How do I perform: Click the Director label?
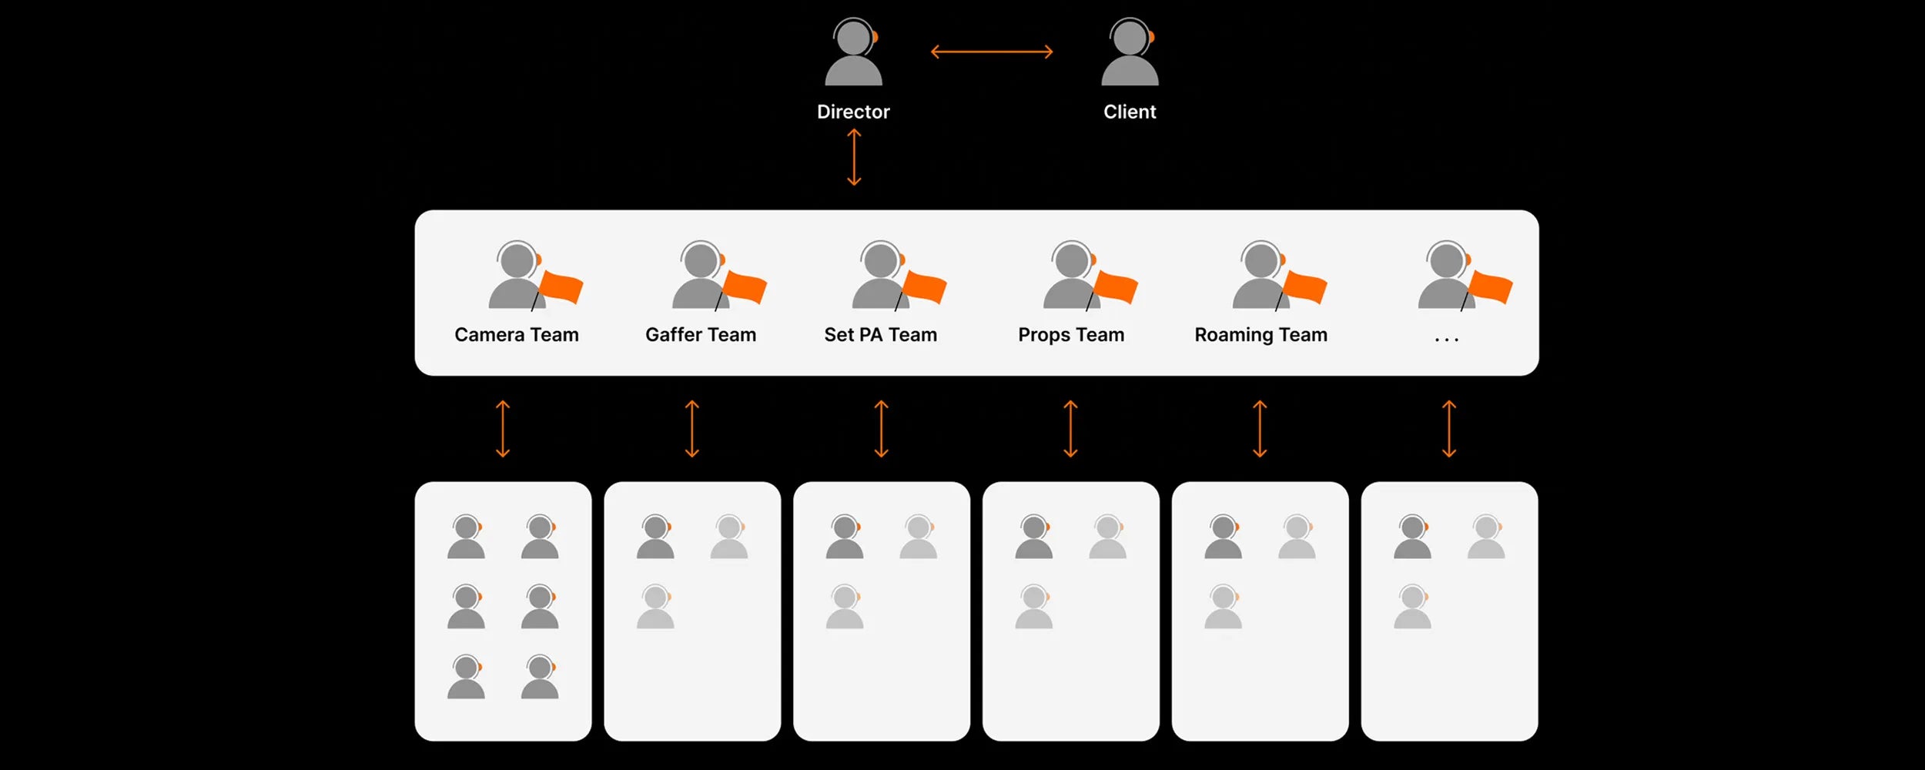853,112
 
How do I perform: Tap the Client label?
1130,112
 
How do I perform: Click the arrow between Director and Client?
992,52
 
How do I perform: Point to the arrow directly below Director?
854,157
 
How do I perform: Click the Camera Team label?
517,335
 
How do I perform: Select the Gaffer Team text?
701,335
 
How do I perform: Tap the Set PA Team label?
881,335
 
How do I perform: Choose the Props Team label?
1071,335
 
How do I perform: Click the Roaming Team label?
1260,335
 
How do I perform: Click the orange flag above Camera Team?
561,288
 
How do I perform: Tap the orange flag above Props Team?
1116,288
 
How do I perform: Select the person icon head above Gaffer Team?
700,260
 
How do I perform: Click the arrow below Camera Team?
503,429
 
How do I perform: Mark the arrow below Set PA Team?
882,429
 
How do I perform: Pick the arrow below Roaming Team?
1260,429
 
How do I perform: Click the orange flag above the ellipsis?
1491,288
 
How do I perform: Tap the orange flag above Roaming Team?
1305,288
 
